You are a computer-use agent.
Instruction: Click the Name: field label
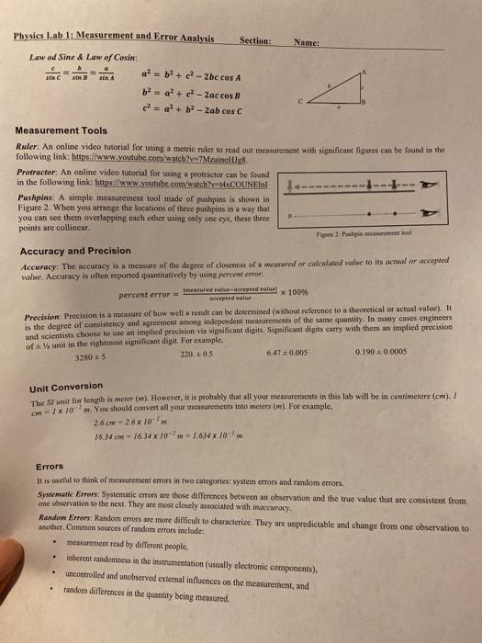tap(308, 41)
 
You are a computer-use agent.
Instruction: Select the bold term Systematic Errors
tap(58, 468)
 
